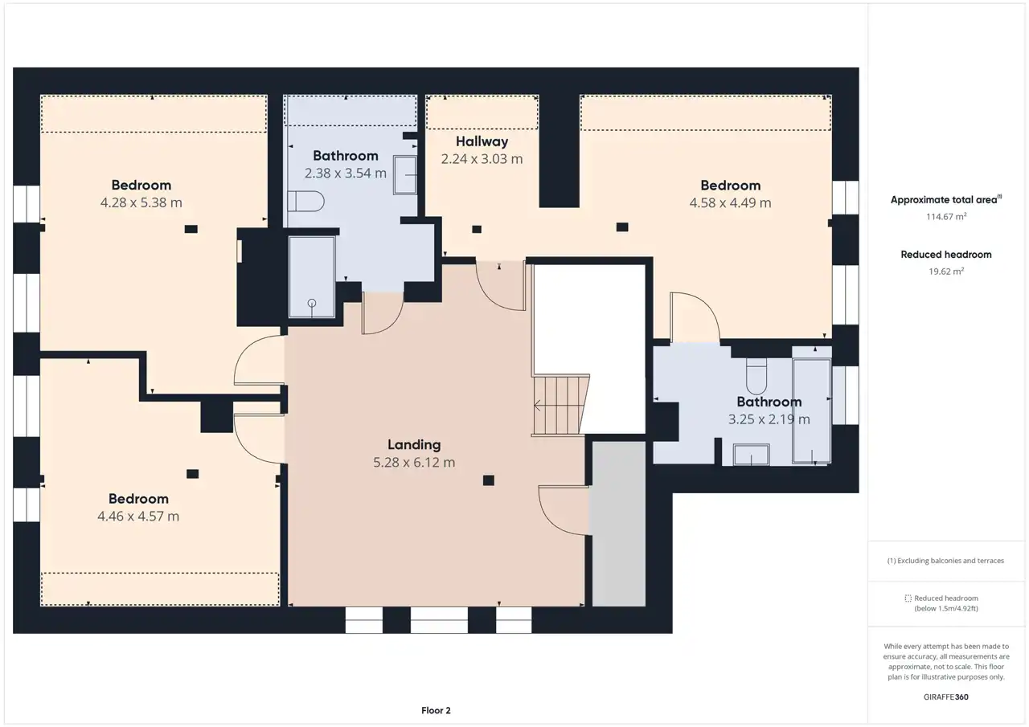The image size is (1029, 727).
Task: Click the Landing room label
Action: (x=414, y=444)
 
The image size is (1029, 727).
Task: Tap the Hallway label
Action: (x=482, y=141)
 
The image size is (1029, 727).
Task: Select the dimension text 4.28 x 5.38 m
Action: (x=141, y=202)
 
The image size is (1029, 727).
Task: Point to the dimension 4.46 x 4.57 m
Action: (x=138, y=517)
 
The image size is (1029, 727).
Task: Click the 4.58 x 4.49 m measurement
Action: (x=731, y=203)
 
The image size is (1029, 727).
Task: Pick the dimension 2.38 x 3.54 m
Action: (x=346, y=173)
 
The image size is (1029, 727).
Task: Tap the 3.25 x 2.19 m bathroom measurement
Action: (x=769, y=419)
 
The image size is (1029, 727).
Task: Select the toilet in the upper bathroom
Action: (x=306, y=201)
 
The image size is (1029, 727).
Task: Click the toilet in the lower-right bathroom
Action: (x=756, y=375)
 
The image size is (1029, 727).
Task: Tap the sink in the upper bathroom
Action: (x=404, y=175)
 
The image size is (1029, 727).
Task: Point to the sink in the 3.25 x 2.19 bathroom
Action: (x=751, y=455)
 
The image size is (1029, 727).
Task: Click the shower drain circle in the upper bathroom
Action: (x=312, y=303)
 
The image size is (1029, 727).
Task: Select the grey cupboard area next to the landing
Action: (x=618, y=524)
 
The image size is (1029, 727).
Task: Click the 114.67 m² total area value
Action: (x=946, y=217)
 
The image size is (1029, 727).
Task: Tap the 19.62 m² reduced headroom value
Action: (x=946, y=272)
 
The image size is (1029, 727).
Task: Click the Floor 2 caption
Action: (x=436, y=710)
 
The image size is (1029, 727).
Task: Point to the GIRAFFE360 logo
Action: (x=946, y=696)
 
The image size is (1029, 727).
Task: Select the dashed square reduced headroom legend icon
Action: (x=908, y=598)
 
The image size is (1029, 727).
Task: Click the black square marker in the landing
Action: (x=488, y=480)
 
